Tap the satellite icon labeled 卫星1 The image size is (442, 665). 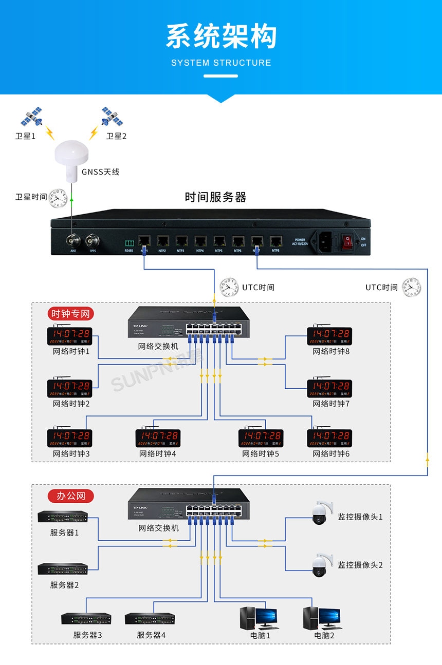pos(31,117)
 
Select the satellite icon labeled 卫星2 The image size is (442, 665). pos(112,117)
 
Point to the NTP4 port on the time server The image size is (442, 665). pos(200,241)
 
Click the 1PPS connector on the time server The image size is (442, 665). pos(93,240)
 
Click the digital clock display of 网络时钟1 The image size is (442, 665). pos(70,336)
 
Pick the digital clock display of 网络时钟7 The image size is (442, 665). pos(329,388)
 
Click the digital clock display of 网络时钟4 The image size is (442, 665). pos(158,438)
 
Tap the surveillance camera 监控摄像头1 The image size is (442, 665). pos(320,514)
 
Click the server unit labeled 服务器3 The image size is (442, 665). pos(86,619)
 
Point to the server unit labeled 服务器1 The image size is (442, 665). pos(63,517)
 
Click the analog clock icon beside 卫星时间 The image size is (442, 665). pos(58,198)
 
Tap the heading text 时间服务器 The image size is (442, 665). pos(215,197)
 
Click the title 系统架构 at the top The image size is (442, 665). pos(221,37)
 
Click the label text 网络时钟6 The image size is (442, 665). pos(331,454)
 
